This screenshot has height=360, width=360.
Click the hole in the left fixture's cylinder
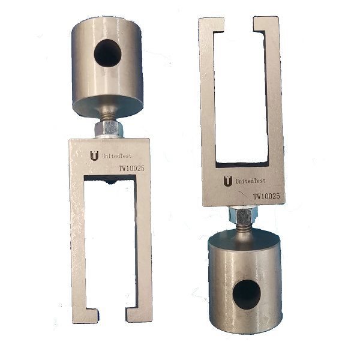pos(108,53)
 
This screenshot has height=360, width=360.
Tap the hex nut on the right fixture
pos(242,212)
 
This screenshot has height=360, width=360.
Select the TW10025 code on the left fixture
pos(131,170)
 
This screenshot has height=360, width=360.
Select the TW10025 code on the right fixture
pos(267,196)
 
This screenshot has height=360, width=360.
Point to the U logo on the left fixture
pos(94,155)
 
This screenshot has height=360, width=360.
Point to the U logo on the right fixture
pos(227,181)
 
